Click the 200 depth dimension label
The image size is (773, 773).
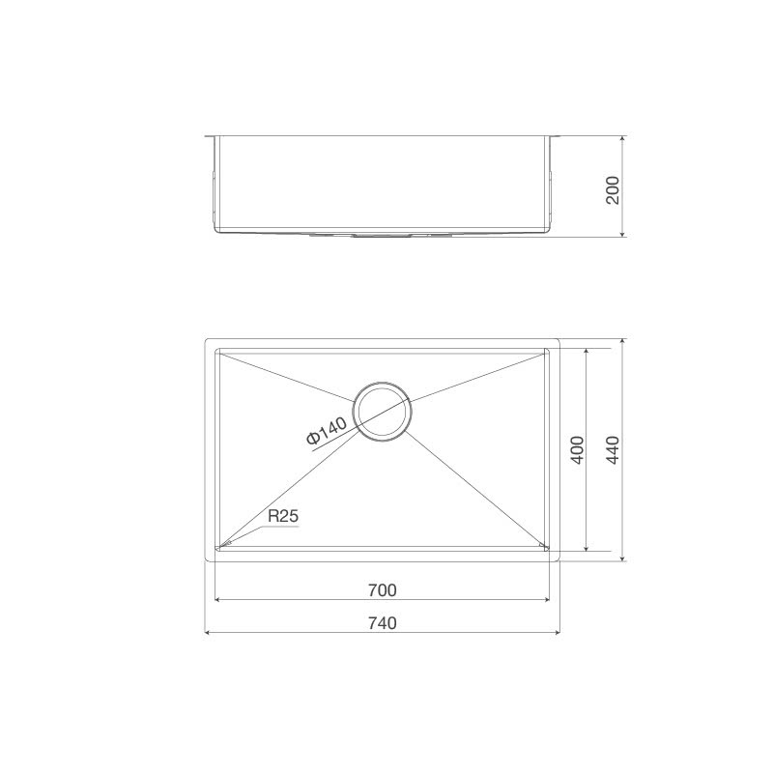[x=611, y=186]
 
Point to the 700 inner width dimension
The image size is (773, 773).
[x=383, y=589]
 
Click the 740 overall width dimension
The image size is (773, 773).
[x=383, y=623]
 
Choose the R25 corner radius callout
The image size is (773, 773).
[x=282, y=517]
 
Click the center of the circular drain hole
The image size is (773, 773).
[x=383, y=410]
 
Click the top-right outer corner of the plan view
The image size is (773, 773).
[x=558, y=340]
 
